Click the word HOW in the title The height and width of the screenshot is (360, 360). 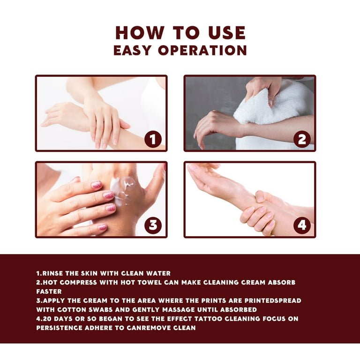tap(140, 33)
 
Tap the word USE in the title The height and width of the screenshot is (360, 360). tap(227, 33)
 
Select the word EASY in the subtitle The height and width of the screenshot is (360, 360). tap(133, 50)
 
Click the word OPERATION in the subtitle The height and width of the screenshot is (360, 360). tap(202, 50)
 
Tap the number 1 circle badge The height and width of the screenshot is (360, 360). tap(153, 139)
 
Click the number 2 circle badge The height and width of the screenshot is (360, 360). tap(302, 139)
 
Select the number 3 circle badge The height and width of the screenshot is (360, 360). tap(153, 225)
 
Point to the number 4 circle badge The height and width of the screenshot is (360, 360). tap(302, 225)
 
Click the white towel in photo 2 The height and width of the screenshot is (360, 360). tap(271, 105)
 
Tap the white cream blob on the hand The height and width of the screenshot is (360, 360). tap(122, 189)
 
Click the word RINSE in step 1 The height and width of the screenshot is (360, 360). tap(52, 273)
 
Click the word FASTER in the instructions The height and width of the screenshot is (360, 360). tap(49, 292)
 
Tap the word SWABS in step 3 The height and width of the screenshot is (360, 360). tap(100, 309)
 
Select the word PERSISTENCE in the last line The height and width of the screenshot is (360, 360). tap(59, 328)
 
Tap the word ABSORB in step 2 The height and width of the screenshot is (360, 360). tap(282, 282)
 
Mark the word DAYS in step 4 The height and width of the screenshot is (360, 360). tap(62, 319)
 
